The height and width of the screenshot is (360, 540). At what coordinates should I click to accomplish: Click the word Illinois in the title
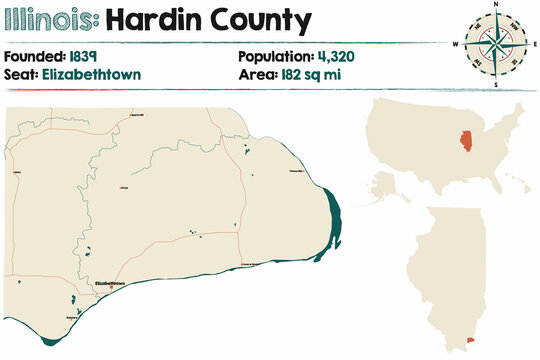[x=52, y=19]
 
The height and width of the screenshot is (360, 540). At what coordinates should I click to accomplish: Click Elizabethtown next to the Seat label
[x=98, y=74]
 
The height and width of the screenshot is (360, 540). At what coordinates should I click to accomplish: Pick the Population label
[x=275, y=55]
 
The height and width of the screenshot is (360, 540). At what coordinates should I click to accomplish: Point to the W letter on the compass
[x=456, y=44]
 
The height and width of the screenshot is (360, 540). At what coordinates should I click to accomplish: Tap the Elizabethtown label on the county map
[x=109, y=283]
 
